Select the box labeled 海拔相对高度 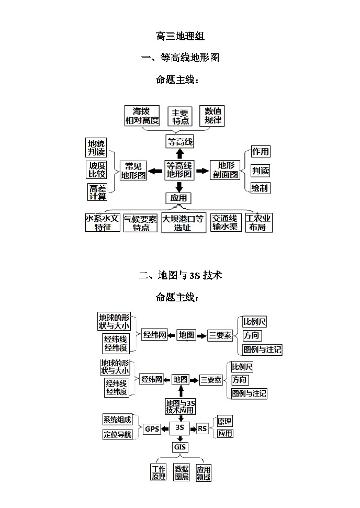click(x=141, y=116)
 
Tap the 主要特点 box click(x=180, y=117)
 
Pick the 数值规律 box click(x=213, y=116)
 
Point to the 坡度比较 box click(x=97, y=170)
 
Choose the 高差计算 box click(x=97, y=192)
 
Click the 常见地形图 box click(x=133, y=171)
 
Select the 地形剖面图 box click(x=226, y=171)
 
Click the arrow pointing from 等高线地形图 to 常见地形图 click(x=155, y=171)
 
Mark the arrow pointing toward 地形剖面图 click(x=202, y=171)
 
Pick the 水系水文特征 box click(x=103, y=223)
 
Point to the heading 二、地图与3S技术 click(x=180, y=275)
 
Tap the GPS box click(x=152, y=429)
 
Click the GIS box click(x=179, y=447)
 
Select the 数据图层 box click(x=182, y=472)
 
